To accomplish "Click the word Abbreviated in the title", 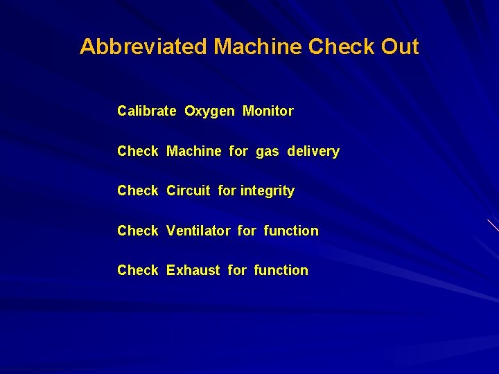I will click(x=143, y=47).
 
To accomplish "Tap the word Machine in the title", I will click(x=258, y=47).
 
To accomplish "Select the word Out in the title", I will click(x=400, y=47).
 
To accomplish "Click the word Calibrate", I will click(x=147, y=111).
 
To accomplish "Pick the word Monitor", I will click(x=268, y=111).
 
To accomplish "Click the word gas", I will click(x=268, y=152).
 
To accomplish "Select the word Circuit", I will click(x=189, y=190).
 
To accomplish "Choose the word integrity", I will click(x=268, y=191).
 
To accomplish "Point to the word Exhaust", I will click(x=193, y=270).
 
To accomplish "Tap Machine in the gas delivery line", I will click(x=194, y=151).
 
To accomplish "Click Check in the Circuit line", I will click(x=138, y=190).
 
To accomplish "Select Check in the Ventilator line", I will click(x=138, y=231).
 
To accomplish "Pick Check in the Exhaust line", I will click(x=138, y=270).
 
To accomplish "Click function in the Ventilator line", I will click(x=291, y=231).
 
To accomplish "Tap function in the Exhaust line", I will click(x=281, y=270).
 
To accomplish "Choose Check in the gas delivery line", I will click(x=138, y=151).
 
